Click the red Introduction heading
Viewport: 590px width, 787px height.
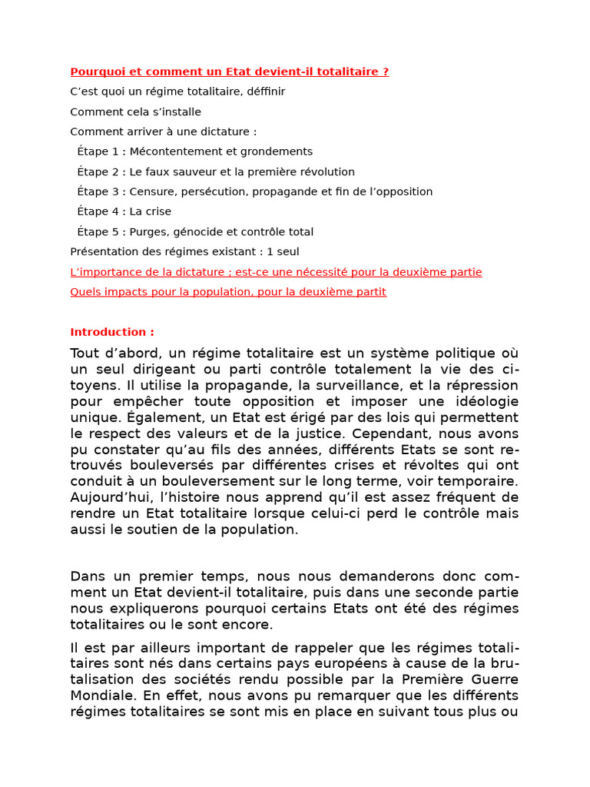pyautogui.click(x=112, y=332)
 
